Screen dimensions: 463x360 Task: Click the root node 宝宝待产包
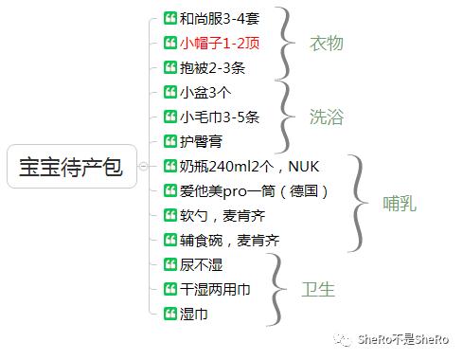click(x=71, y=167)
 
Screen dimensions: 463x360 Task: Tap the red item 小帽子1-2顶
click(x=217, y=43)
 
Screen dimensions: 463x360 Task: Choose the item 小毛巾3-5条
click(x=218, y=117)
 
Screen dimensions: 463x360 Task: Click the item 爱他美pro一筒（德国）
click(x=254, y=190)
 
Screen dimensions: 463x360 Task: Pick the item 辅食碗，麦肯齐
click(x=229, y=240)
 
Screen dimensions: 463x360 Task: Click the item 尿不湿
click(x=199, y=264)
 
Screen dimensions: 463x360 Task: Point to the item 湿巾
click(x=193, y=313)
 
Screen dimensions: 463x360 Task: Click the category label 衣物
click(x=326, y=43)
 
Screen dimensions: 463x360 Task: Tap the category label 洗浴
click(x=326, y=117)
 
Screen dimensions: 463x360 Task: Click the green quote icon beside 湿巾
click(x=170, y=313)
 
